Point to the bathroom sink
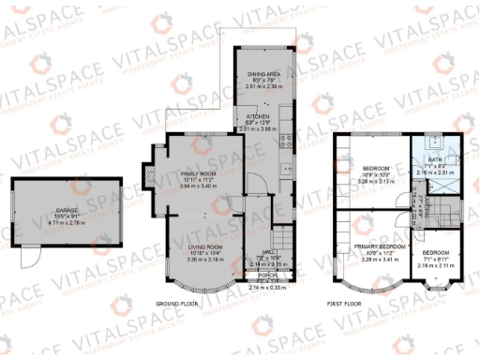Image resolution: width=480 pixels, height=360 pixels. pyautogui.click(x=434, y=144)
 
